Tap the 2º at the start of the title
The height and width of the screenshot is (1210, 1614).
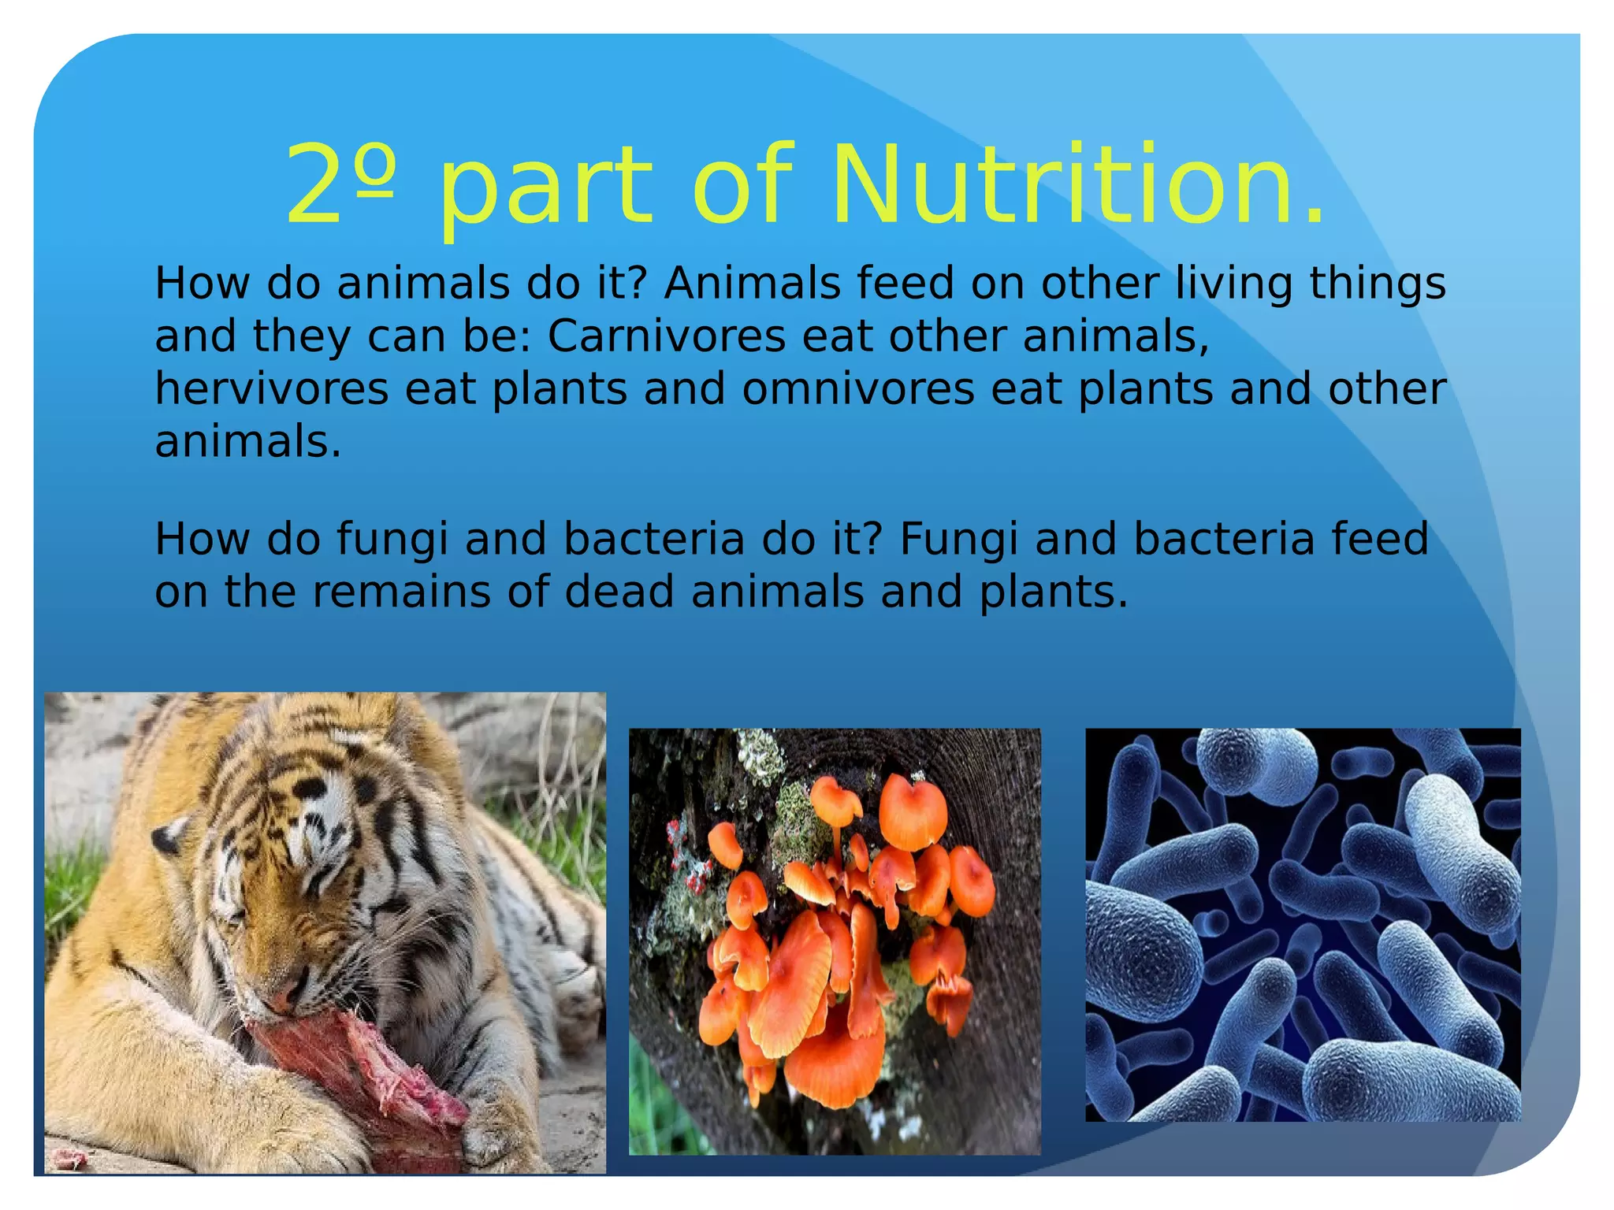click(x=339, y=185)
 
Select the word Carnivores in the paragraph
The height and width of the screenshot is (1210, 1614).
click(x=666, y=336)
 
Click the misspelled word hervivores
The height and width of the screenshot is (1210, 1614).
click(x=272, y=388)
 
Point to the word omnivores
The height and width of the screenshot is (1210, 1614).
click(x=858, y=389)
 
